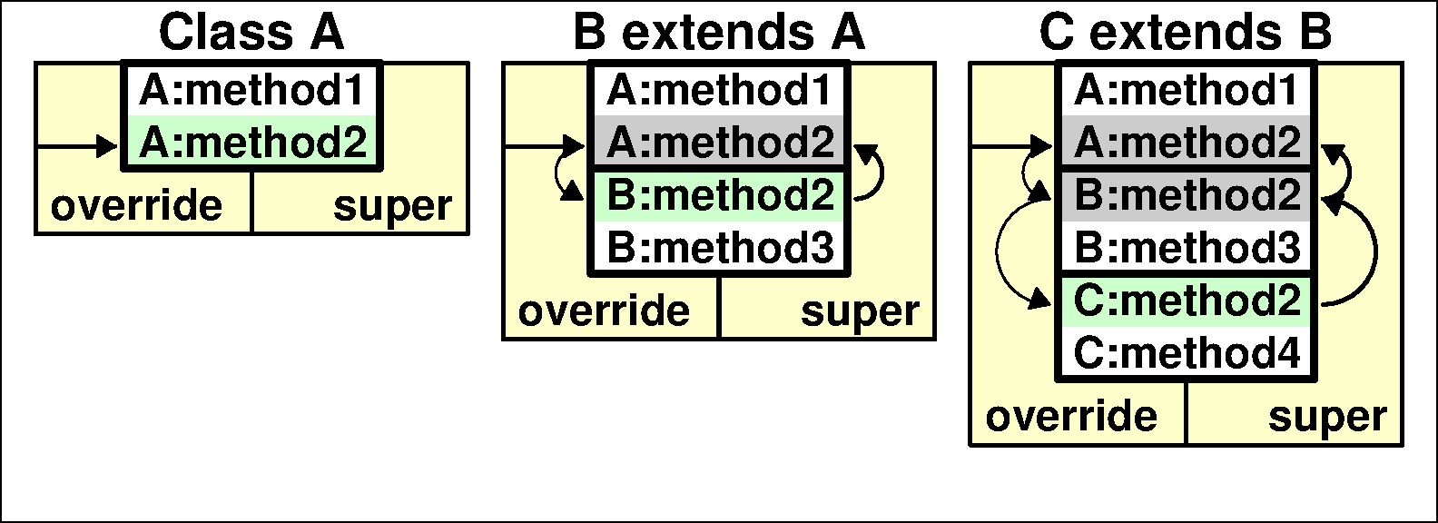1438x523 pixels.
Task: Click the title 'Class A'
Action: click(251, 33)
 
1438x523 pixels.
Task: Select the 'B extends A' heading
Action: click(719, 33)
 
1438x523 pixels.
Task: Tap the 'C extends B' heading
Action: click(1186, 33)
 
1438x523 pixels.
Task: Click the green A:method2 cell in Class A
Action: click(252, 143)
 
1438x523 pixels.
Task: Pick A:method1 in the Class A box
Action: click(252, 90)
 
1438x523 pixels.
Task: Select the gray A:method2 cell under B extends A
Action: click(720, 143)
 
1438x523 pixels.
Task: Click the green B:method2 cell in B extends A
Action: click(720, 195)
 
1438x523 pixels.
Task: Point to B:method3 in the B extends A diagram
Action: click(720, 248)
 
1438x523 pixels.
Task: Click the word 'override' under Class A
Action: click(136, 206)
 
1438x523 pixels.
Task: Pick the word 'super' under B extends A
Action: click(860, 311)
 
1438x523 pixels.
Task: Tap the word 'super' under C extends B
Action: click(1327, 417)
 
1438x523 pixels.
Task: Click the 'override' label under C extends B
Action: click(1071, 417)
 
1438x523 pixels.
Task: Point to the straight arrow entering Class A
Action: click(77, 144)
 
